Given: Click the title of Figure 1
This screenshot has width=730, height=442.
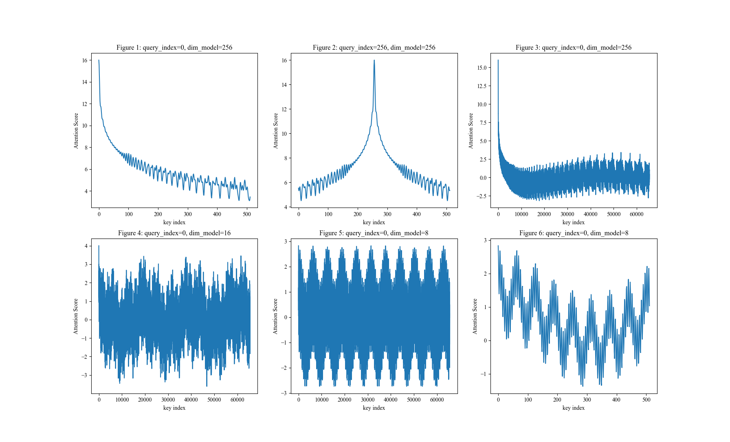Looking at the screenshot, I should pos(174,48).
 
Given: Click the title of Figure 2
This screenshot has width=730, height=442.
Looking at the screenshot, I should pos(374,48).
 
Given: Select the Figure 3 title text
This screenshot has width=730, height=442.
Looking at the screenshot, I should pos(574,48).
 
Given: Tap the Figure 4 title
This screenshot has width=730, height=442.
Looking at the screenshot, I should pos(174,233).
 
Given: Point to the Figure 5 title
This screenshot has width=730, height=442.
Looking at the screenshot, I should pos(374,233).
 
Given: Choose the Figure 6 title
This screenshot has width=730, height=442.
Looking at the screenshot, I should pos(574,233).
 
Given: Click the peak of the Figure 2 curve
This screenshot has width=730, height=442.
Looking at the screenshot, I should pos(374,60).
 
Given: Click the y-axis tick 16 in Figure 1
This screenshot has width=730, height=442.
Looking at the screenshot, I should pos(85,60).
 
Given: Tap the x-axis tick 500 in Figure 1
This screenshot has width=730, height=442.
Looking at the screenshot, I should pos(247,214).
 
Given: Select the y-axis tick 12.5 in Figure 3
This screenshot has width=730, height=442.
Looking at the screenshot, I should pos(482,86).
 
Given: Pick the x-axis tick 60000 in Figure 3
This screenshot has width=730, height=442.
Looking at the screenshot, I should pos(637,214).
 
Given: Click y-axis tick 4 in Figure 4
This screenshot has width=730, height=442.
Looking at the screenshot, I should pos(86,246).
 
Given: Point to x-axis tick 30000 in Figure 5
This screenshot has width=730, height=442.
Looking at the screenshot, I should pos(368,400).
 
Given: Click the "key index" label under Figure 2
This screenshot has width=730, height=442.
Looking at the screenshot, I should pos(374,222).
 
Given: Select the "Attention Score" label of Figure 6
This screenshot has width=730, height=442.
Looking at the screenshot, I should pos(475,316).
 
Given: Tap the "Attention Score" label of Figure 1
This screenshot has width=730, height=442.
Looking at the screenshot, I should pos(76,131).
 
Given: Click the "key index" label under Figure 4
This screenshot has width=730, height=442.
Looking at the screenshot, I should pos(174,408).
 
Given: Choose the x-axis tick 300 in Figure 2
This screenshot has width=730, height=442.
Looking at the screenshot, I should pos(387,214).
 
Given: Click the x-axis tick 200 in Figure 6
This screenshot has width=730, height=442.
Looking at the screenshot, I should pos(557,400).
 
